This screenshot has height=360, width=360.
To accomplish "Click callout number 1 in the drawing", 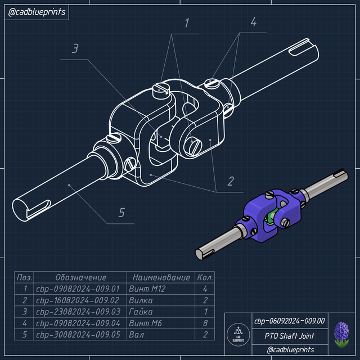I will click(187, 23).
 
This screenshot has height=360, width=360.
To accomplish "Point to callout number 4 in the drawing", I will click(253, 22).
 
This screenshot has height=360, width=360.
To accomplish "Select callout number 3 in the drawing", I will click(75, 49).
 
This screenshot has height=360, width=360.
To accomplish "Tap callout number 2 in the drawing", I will click(230, 181).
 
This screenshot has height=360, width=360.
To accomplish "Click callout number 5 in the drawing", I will click(121, 213).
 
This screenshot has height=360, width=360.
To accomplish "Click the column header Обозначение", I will click(81, 278).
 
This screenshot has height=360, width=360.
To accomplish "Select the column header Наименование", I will click(161, 278).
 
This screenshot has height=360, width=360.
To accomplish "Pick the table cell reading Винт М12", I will click(147, 289).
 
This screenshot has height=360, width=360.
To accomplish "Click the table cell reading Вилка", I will click(141, 300).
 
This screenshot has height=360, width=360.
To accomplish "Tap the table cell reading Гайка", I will click(141, 312).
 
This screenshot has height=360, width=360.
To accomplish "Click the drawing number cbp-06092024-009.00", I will click(289, 321).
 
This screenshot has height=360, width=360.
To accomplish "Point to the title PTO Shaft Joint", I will click(289, 336).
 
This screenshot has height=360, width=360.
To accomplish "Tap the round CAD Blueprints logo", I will click(238, 335).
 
